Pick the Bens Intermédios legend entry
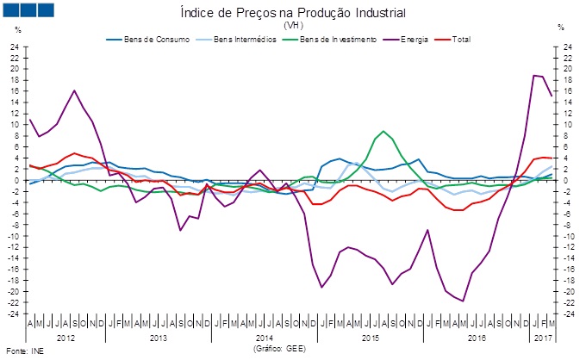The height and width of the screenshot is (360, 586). pos(227,39)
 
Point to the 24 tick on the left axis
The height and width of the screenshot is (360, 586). pos(16,47)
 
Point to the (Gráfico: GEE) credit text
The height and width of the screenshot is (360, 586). pos(280,350)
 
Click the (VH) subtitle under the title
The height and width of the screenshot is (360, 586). pos(293,25)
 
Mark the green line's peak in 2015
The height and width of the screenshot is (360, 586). pos(383,131)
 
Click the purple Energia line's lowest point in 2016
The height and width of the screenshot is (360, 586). pos(463,301)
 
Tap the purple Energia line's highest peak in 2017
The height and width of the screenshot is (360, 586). pos(533,75)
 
